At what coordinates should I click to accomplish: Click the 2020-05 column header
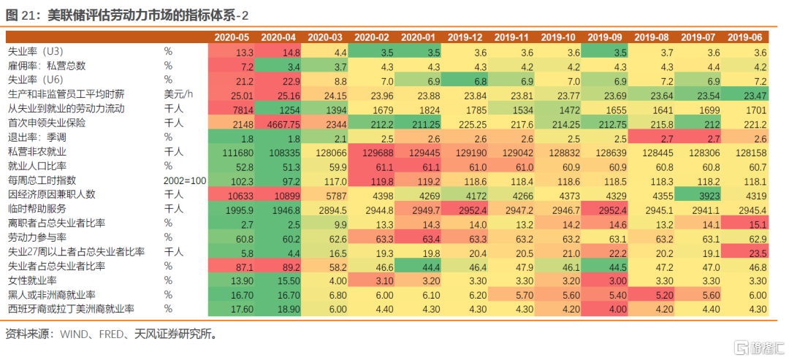pyautogui.click(x=232, y=37)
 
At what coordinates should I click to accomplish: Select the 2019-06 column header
pyautogui.click(x=747, y=37)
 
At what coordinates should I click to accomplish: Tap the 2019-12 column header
pyautogui.click(x=466, y=37)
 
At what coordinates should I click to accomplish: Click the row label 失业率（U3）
pyautogui.click(x=37, y=53)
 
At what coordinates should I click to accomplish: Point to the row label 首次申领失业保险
pyautogui.click(x=46, y=123)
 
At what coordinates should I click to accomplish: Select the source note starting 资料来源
pyautogui.click(x=110, y=334)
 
